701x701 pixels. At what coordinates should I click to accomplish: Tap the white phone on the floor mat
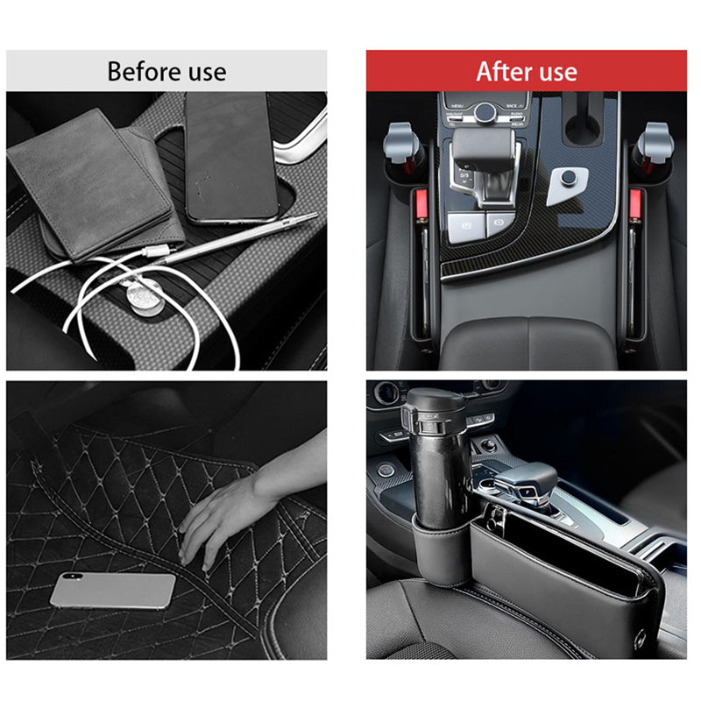point(112,590)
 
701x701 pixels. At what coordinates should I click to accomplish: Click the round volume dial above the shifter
point(485,111)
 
